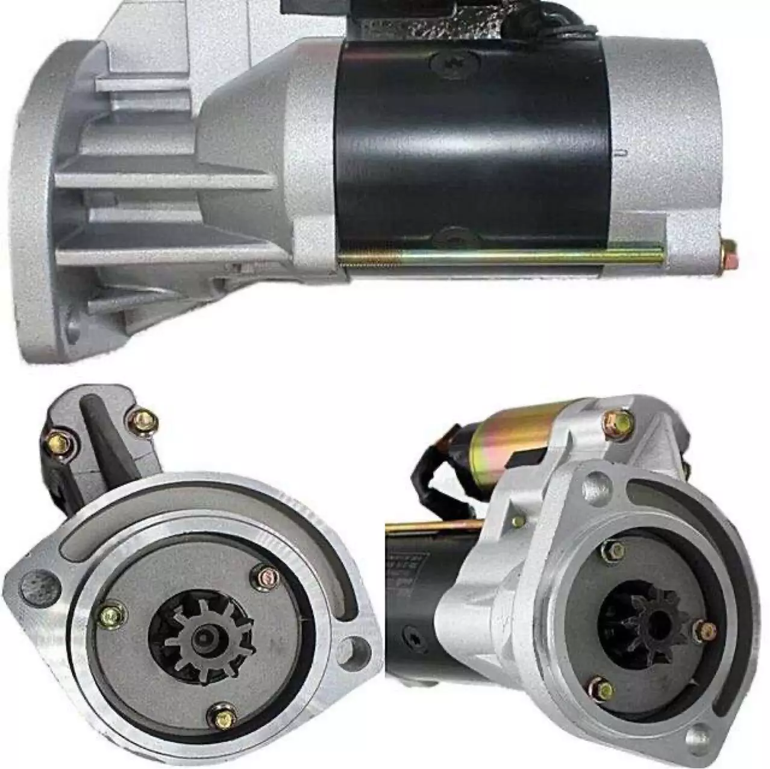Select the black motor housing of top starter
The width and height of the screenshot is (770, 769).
[x=470, y=151]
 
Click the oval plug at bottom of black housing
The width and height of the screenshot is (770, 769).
[x=456, y=236]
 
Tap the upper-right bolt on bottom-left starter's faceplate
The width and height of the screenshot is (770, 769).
[x=266, y=578]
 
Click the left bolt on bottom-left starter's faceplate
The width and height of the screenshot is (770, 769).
[x=113, y=614]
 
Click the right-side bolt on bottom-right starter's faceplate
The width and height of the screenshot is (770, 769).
[x=705, y=631]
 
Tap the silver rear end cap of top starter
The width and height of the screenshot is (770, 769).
[x=666, y=151]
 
